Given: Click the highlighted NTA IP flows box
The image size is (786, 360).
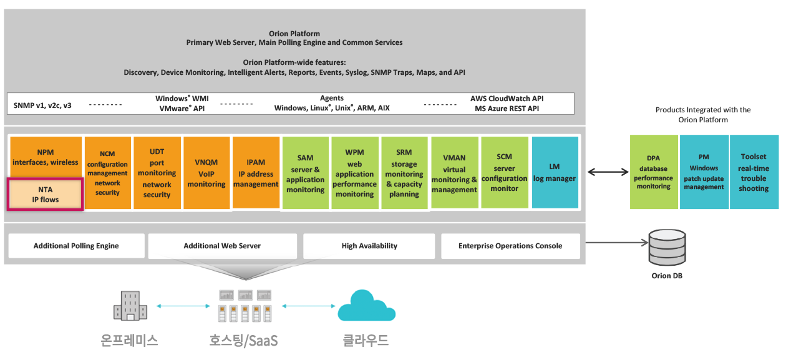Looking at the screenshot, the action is (46, 195).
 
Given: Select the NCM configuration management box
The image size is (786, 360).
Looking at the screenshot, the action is (108, 173).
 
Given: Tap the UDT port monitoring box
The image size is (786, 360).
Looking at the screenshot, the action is (157, 173).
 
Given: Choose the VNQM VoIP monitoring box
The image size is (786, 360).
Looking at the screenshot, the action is (206, 173).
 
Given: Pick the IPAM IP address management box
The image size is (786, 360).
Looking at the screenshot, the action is (256, 172).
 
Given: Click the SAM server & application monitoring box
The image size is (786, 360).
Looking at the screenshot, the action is (305, 173).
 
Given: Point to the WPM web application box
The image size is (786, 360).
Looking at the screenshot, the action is (355, 173).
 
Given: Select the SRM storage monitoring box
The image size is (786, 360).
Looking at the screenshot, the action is (404, 173).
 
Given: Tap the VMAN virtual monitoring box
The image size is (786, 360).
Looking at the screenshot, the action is (454, 172).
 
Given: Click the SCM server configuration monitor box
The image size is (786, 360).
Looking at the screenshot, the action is (505, 172).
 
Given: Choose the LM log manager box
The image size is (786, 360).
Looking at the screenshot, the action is (555, 172).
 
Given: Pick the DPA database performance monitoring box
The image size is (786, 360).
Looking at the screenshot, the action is (654, 172).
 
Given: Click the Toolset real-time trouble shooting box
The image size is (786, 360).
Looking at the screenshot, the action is (754, 172).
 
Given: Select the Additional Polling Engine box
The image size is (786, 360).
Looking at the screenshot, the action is (76, 246).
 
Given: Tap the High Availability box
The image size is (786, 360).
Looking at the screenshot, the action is (369, 246).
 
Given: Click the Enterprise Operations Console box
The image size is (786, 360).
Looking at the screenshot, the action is (510, 246).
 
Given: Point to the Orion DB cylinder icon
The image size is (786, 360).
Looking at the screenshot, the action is (667, 248).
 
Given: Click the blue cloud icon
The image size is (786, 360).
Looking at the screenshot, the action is (366, 306).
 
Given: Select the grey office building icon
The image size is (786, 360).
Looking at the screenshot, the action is (130, 306).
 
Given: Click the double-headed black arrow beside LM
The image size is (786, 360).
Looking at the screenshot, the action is (608, 172).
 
